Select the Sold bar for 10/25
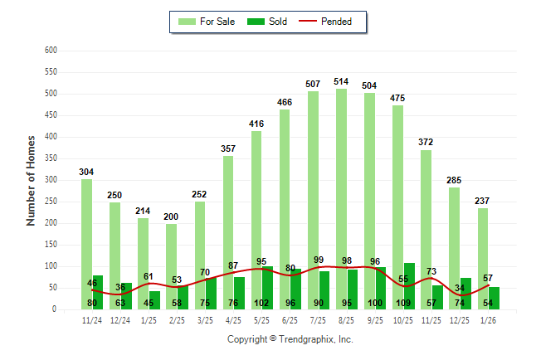(409, 282)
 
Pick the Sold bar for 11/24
(98, 290)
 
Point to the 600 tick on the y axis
(51, 51)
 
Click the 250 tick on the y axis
(51, 202)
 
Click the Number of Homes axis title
(31, 180)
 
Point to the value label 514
(341, 81)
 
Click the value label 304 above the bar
(86, 172)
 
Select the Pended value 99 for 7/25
(318, 260)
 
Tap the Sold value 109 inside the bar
(404, 303)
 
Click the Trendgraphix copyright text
(290, 339)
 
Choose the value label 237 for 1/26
(483, 201)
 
